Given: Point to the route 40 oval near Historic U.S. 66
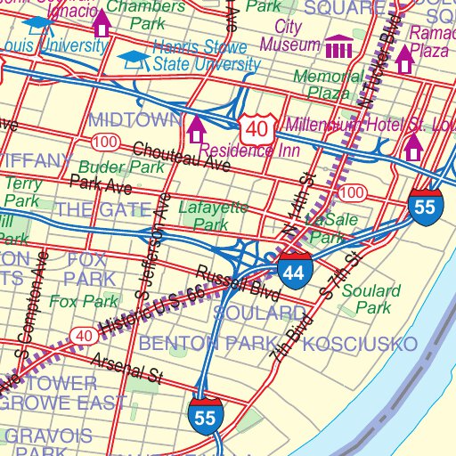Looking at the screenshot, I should point(82,335).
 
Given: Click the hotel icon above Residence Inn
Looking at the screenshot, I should point(196,130).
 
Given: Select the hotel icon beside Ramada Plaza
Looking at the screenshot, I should point(404,59).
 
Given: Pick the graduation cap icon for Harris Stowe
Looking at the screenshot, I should point(134,59).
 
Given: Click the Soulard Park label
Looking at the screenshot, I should point(367,299).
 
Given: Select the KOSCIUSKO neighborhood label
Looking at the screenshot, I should point(360,344).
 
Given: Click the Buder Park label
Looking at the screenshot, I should point(120,167).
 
